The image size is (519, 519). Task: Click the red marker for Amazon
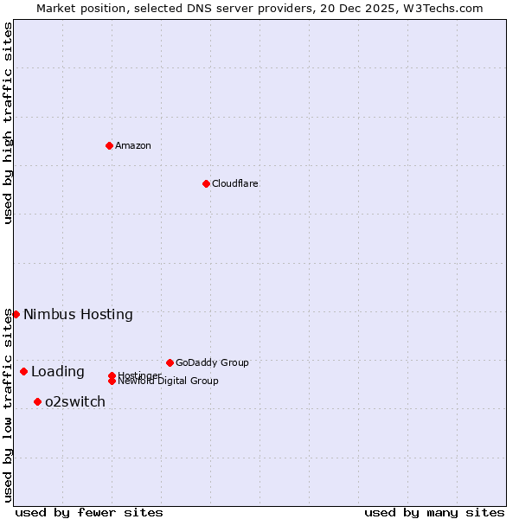click(x=109, y=145)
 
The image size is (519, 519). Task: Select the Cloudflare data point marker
click(x=206, y=183)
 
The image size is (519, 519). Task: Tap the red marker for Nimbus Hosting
click(x=16, y=314)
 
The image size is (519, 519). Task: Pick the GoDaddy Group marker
click(x=170, y=362)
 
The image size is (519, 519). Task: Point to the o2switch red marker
click(x=37, y=401)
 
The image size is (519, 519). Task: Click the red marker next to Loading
click(x=23, y=371)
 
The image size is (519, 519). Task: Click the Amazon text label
click(x=133, y=145)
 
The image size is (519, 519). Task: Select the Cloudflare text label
click(x=235, y=183)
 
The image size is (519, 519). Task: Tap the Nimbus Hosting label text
click(x=78, y=314)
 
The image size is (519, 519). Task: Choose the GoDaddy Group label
click(x=212, y=362)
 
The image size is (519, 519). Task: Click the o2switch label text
click(x=75, y=401)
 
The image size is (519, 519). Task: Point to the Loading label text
click(x=58, y=372)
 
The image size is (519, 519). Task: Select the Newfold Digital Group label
click(x=169, y=381)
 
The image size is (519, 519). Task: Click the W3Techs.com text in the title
click(x=440, y=8)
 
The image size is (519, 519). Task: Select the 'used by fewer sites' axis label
click(x=89, y=512)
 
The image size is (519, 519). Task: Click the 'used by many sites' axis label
click(x=434, y=512)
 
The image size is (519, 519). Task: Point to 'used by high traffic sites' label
click(x=8, y=123)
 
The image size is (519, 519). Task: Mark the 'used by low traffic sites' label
click(x=8, y=405)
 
